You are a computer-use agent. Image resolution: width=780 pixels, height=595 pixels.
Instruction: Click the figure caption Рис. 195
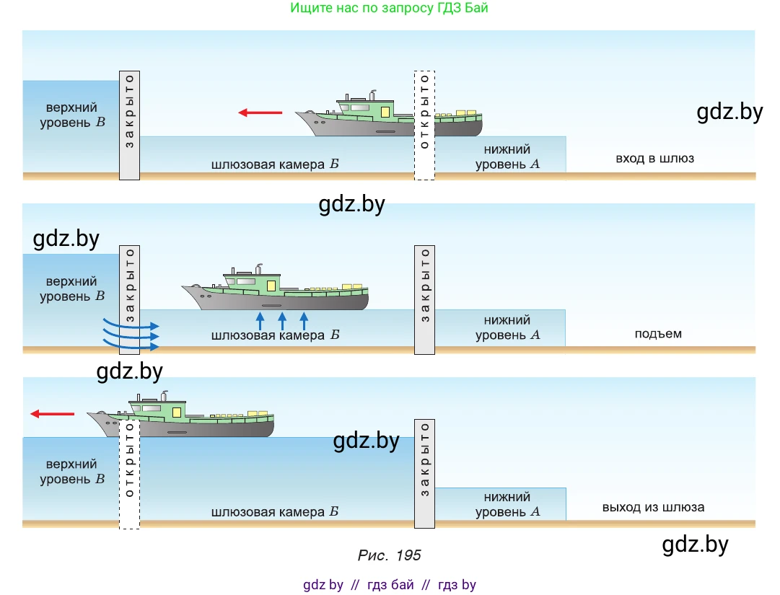[389, 555]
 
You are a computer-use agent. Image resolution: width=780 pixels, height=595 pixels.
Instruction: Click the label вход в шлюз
[654, 158]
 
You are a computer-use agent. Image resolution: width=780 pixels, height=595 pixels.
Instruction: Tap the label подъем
[657, 334]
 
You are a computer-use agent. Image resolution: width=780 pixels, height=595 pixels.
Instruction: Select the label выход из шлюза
[653, 507]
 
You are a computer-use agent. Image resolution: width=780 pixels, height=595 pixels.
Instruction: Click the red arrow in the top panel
[260, 113]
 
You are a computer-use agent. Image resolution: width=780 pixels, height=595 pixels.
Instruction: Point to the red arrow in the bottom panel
[53, 414]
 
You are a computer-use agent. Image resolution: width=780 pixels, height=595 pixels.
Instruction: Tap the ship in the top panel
[390, 117]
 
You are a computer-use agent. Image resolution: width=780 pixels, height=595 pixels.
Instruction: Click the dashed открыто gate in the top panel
[424, 125]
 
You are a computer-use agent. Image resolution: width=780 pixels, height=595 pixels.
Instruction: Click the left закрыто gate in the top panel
[129, 125]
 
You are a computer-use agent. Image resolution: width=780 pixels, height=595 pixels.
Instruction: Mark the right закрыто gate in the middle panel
[424, 299]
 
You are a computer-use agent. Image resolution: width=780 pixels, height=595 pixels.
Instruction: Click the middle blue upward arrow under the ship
[282, 321]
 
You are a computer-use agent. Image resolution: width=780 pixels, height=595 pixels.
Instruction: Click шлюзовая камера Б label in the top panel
[275, 164]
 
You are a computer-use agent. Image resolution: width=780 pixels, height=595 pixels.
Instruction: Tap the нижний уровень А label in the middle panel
[507, 327]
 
